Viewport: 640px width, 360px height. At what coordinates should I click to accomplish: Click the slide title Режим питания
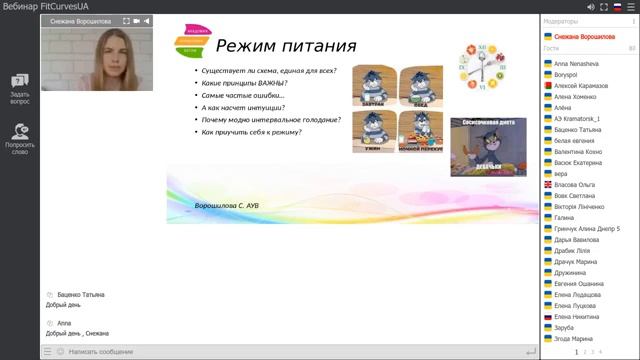[286, 46]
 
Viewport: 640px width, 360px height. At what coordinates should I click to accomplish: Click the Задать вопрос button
[19, 89]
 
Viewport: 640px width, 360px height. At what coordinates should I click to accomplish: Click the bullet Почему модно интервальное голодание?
[270, 120]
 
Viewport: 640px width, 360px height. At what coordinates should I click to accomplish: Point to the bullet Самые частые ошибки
[243, 95]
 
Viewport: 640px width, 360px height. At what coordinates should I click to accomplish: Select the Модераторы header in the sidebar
[561, 21]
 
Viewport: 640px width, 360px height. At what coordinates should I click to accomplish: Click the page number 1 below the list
[577, 352]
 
